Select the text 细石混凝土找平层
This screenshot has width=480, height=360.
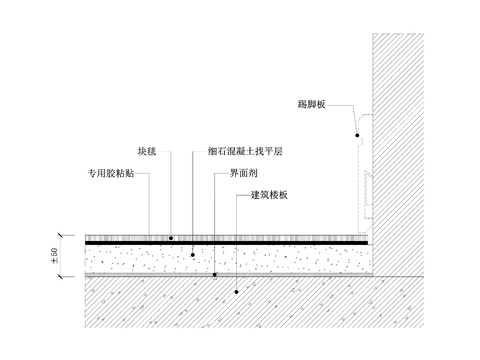pyautogui.click(x=245, y=151)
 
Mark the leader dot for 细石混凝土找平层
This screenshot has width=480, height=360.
pyautogui.click(x=192, y=255)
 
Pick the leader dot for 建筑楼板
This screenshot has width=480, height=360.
pyautogui.click(x=237, y=292)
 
